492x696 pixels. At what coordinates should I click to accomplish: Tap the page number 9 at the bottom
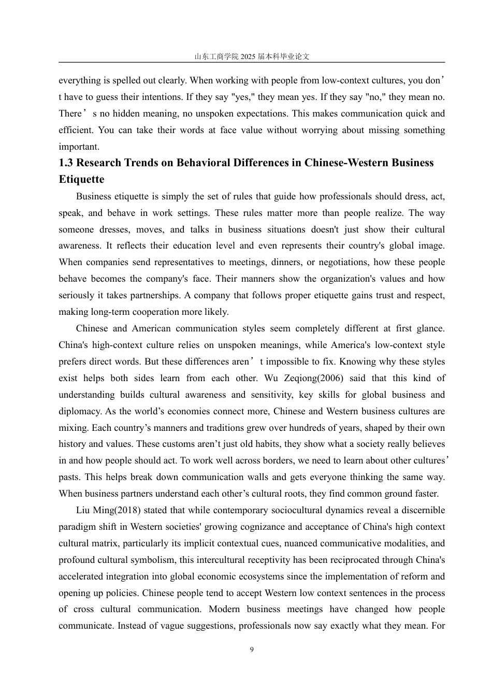click(x=252, y=650)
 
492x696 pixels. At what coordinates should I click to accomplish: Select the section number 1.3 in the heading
click(x=66, y=163)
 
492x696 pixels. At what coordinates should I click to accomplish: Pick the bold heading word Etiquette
click(x=81, y=180)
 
